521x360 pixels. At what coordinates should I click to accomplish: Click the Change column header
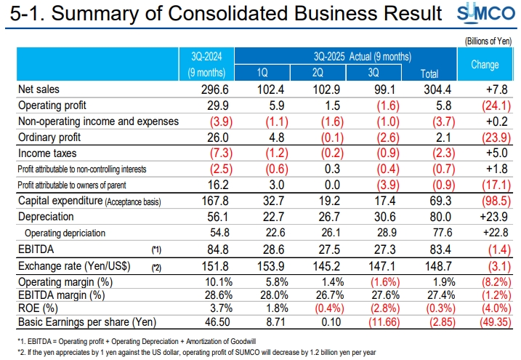tap(485, 64)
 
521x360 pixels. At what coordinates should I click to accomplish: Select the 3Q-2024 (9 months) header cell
tap(208, 64)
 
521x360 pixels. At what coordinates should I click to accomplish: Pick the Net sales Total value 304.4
tap(435, 89)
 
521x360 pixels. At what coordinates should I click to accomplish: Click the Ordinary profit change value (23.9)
tap(484, 137)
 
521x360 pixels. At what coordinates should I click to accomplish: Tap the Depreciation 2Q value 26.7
tap(320, 217)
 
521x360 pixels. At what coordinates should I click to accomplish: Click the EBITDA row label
tap(36, 249)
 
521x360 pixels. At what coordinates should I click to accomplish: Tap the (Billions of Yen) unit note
tap(488, 41)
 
